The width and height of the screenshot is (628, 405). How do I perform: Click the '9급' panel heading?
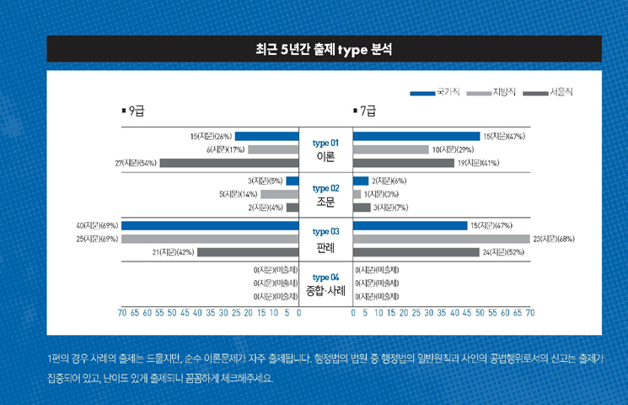[134, 111]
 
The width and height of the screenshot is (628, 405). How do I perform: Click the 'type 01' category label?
[325, 143]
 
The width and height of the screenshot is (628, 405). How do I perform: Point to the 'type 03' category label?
[325, 231]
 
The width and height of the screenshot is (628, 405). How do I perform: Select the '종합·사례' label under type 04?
[325, 290]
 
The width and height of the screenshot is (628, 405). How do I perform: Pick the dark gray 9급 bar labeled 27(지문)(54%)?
[228, 163]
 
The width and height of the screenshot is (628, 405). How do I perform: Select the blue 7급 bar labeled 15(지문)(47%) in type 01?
[416, 136]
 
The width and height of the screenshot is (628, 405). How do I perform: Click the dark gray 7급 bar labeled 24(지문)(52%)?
[416, 252]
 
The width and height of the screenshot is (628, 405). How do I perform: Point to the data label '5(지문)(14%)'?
[239, 194]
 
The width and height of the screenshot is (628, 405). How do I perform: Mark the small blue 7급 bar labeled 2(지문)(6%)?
[361, 181]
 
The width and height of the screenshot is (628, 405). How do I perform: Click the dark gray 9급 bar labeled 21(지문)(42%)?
[248, 252]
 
